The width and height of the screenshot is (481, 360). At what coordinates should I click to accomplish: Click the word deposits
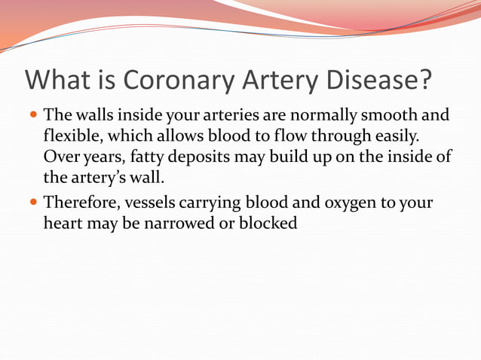pyautogui.click(x=198, y=157)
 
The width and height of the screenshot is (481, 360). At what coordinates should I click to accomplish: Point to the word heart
pyautogui.click(x=63, y=224)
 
